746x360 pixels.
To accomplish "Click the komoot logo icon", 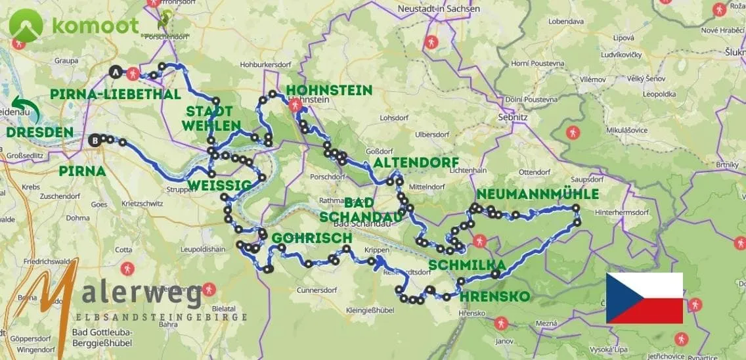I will click(x=26, y=25).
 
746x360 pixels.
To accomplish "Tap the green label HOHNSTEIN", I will click(x=329, y=91).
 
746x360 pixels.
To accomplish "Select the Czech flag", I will click(x=644, y=298).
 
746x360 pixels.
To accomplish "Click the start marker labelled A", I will click(x=117, y=72).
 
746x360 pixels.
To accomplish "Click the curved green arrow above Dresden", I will click(x=27, y=110).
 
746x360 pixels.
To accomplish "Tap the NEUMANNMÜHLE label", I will click(x=538, y=194).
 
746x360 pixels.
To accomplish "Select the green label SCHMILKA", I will click(x=467, y=265).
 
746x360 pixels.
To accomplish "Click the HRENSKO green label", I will click(x=494, y=296).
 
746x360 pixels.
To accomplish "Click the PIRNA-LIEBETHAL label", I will click(x=116, y=95).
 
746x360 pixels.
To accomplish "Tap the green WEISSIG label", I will click(x=219, y=186).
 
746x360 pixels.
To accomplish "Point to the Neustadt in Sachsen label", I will click(x=439, y=9).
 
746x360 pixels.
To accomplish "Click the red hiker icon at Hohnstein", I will click(x=295, y=105).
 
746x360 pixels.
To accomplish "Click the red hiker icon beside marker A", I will click(x=134, y=74).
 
